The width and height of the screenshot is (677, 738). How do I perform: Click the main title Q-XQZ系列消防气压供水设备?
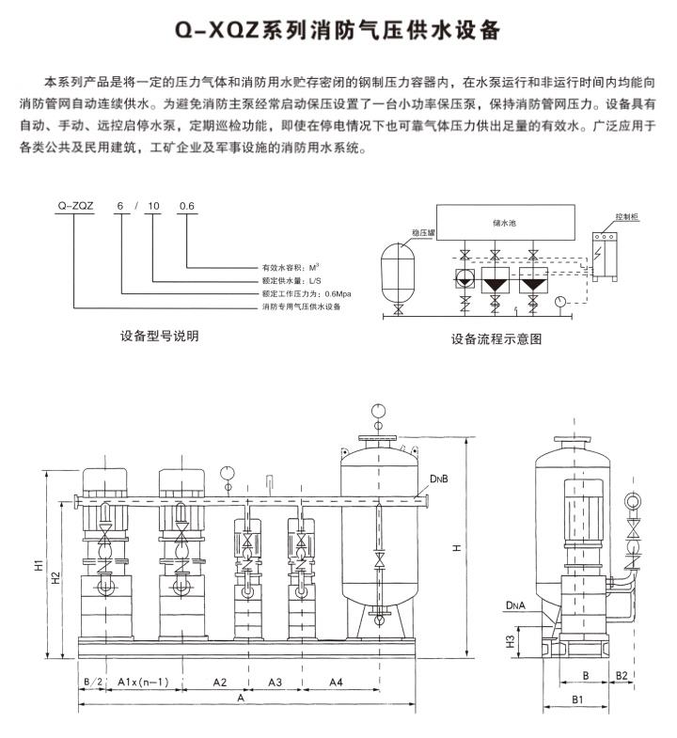click(338, 31)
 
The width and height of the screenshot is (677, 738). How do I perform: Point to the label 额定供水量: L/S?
click(291, 280)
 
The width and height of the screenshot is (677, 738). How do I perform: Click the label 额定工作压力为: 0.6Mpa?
click(302, 293)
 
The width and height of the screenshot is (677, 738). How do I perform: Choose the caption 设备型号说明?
click(159, 336)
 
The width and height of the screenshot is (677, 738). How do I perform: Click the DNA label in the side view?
click(515, 607)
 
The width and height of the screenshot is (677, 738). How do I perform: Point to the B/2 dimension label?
click(91, 680)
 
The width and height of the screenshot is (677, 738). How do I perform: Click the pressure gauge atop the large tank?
click(379, 410)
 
